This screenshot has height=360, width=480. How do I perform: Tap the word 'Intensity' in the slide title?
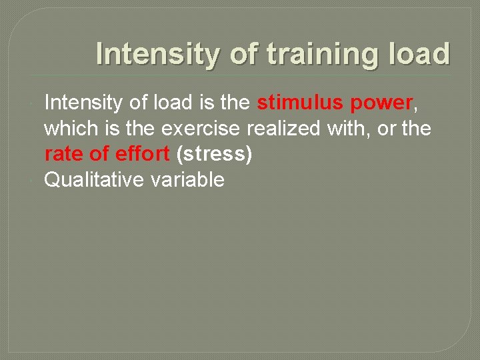pos(157,54)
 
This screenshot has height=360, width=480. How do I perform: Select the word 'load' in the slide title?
pos(421,54)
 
